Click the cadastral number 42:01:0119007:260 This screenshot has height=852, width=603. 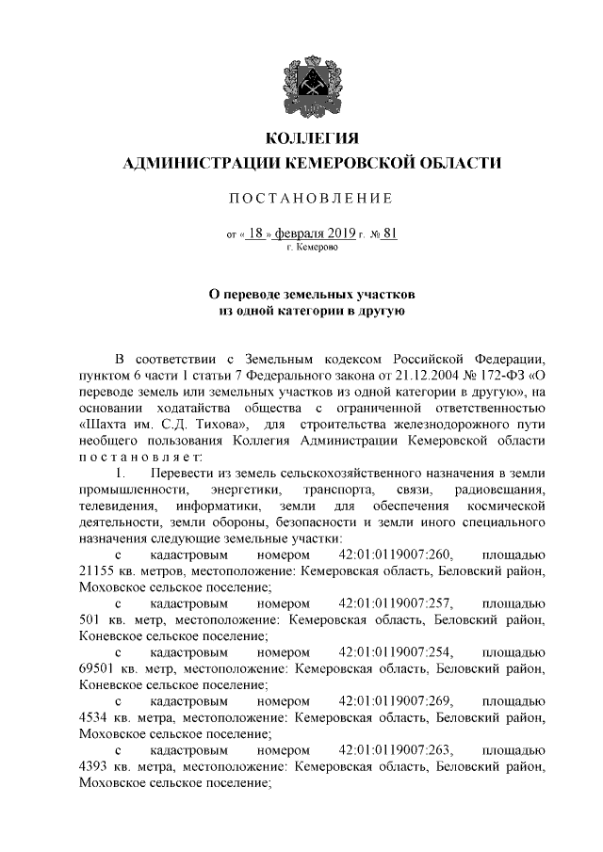pos(395,554)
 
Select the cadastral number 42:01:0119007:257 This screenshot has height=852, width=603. pos(395,602)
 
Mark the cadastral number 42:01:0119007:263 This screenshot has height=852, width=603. pos(395,748)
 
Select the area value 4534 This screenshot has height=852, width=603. pos(95,716)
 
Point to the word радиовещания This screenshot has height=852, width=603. pos(499,489)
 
